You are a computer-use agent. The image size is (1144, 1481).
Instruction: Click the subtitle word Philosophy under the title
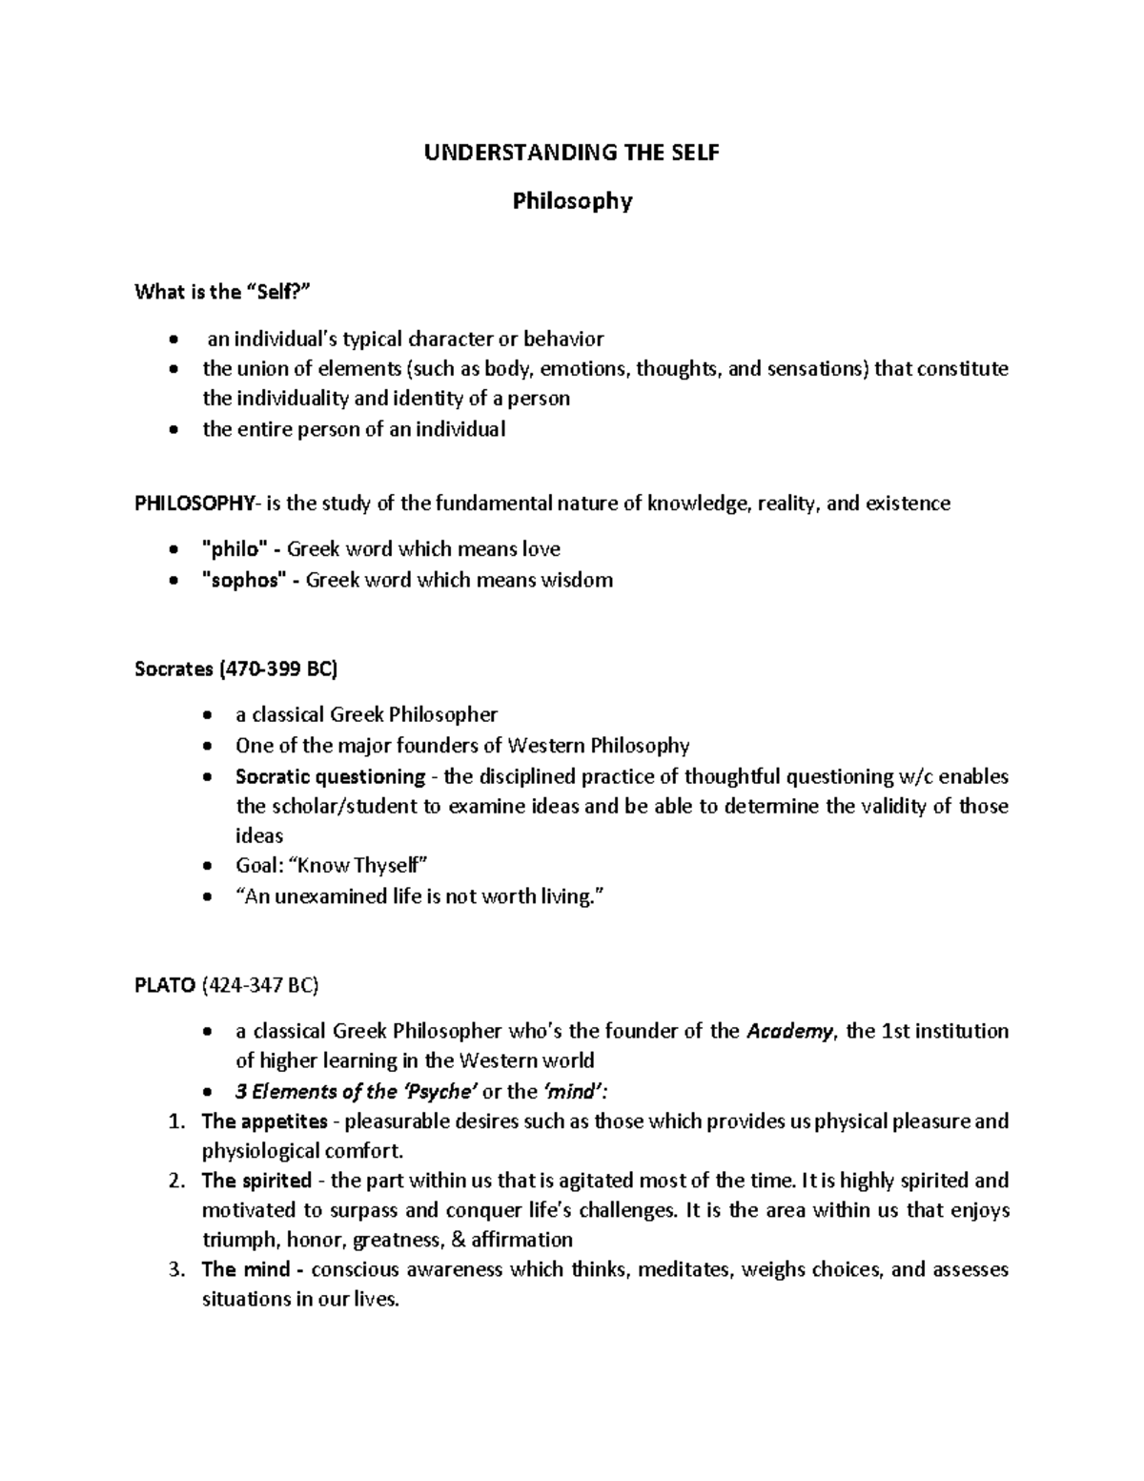(572, 201)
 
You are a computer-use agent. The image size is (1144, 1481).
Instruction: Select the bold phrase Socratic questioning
(330, 776)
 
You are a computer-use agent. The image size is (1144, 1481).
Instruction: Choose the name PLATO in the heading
(165, 986)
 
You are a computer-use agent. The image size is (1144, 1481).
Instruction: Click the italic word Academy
(790, 1031)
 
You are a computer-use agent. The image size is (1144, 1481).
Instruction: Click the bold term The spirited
(256, 1181)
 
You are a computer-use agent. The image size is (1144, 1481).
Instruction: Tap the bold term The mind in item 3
(246, 1269)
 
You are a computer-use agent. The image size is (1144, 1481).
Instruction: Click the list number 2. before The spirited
(175, 1181)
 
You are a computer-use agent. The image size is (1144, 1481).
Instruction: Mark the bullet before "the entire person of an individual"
(173, 430)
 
